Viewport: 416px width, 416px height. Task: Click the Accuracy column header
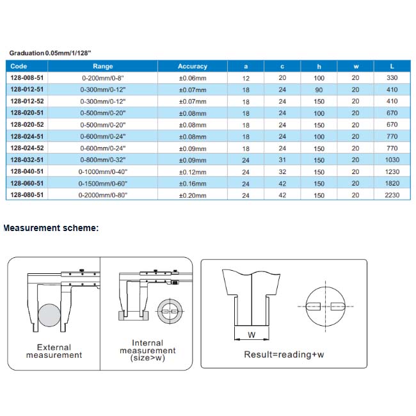pyautogui.click(x=193, y=67)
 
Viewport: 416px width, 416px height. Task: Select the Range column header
pyautogui.click(x=102, y=67)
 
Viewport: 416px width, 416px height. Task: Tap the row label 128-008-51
pyautogui.click(x=27, y=77)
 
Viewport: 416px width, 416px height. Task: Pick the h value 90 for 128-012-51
pyautogui.click(x=319, y=90)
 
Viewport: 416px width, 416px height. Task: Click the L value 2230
pyautogui.click(x=392, y=195)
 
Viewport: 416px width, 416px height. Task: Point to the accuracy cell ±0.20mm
pyautogui.click(x=193, y=195)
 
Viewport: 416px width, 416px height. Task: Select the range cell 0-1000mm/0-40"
pyautogui.click(x=102, y=172)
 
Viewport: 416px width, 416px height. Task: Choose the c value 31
pyautogui.click(x=282, y=160)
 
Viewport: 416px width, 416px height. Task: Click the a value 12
pyautogui.click(x=246, y=78)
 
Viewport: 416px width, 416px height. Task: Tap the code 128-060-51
pyautogui.click(x=27, y=183)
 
